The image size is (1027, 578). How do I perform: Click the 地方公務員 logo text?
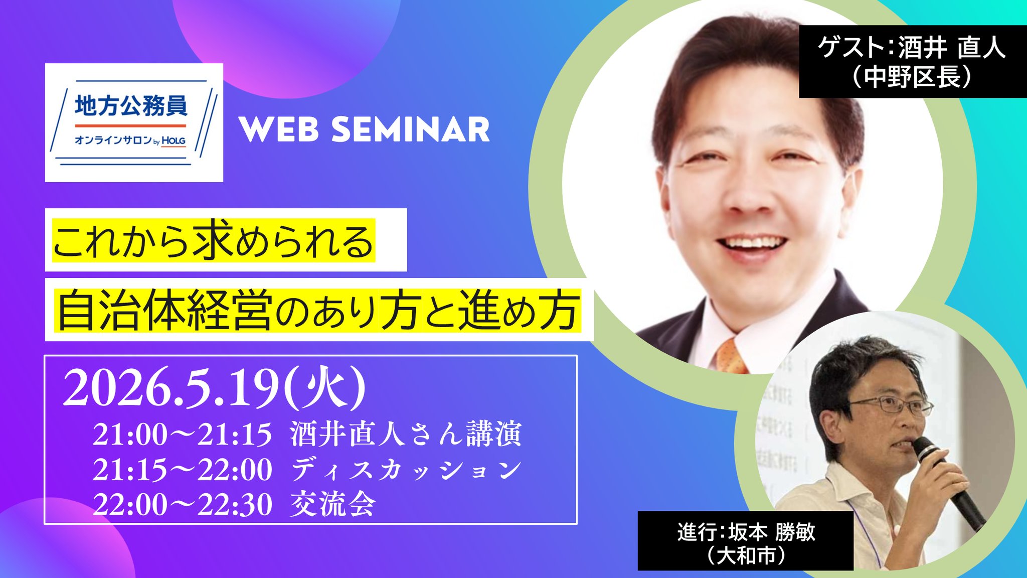pyautogui.click(x=131, y=106)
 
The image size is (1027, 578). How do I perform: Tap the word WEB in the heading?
pyautogui.click(x=279, y=129)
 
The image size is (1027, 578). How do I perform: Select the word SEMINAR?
pyautogui.click(x=410, y=129)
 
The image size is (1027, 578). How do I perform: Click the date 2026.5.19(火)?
pyautogui.click(x=214, y=388)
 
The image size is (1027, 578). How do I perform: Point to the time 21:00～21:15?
pyautogui.click(x=182, y=435)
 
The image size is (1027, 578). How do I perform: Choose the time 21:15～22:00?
pyautogui.click(x=182, y=470)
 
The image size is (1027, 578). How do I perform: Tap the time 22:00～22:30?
pyautogui.click(x=182, y=504)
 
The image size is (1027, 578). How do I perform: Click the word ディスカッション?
pyautogui.click(x=406, y=470)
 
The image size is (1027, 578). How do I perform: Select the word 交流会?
pyautogui.click(x=333, y=504)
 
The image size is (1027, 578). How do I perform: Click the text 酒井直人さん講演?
pyautogui.click(x=406, y=434)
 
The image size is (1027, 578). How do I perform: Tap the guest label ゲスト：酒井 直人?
pyautogui.click(x=912, y=48)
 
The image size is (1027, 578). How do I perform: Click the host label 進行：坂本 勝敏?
pyautogui.click(x=746, y=532)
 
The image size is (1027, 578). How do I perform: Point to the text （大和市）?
pyautogui.click(x=746, y=555)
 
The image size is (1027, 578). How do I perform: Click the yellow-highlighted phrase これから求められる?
pyautogui.click(x=214, y=241)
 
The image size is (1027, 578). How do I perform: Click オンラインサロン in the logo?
pyautogui.click(x=113, y=140)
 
